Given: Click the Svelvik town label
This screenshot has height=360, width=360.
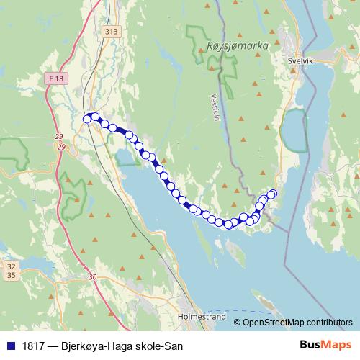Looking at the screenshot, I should click(300, 62).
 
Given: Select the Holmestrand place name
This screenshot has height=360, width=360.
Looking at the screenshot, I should click(201, 316).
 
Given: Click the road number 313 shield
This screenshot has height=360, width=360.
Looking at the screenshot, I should click(111, 32).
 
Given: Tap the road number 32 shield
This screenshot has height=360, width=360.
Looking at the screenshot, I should click(11, 266).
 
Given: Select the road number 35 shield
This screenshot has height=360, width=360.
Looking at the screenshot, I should click(11, 275).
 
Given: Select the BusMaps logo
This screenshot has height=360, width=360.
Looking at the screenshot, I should click(326, 346).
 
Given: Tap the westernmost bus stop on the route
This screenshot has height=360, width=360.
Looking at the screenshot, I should click(87, 118).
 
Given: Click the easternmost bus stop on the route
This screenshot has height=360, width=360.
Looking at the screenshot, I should click(272, 193).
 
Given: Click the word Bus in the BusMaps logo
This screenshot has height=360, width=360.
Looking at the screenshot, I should click(311, 346).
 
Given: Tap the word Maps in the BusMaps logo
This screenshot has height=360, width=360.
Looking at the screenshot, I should click(338, 346).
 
